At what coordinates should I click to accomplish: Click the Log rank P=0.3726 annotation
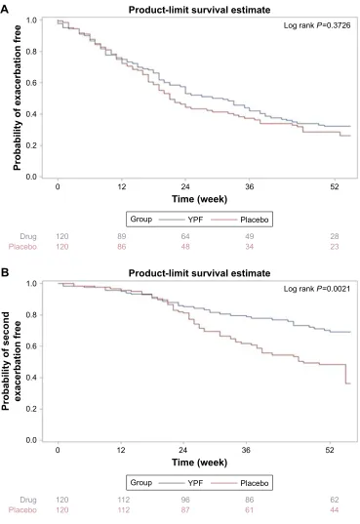(317, 25)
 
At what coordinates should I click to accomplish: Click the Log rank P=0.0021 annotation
(317, 289)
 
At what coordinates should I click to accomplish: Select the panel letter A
(5, 9)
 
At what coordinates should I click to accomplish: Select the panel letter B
(5, 272)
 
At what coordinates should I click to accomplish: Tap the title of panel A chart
(200, 10)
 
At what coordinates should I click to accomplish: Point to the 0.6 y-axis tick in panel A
(31, 83)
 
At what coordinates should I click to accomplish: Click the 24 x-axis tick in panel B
(182, 450)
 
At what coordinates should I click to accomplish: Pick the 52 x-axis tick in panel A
(335, 186)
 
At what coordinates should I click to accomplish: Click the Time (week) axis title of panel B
(200, 463)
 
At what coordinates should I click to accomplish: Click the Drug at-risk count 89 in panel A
(122, 236)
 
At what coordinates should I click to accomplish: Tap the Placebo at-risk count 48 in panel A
(185, 247)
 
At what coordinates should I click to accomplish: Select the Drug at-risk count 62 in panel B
(335, 500)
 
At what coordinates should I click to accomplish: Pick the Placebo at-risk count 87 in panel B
(185, 510)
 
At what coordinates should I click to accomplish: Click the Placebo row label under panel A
(22, 247)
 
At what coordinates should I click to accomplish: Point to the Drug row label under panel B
(28, 501)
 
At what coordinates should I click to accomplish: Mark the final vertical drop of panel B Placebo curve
(345, 374)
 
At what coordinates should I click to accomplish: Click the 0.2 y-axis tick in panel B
(31, 409)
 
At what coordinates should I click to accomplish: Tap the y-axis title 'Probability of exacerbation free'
(17, 98)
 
